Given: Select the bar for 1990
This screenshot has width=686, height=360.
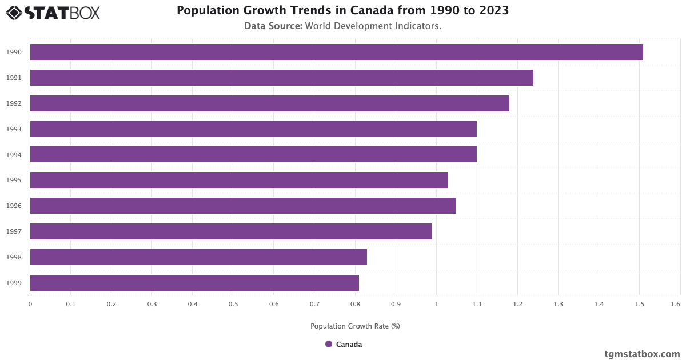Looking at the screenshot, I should tap(336, 52).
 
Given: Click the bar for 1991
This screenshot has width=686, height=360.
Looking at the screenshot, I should tap(281, 78).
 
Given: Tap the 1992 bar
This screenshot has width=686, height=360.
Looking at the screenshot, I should tap(269, 103).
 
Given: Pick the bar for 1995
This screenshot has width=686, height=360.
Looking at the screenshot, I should tap(239, 180).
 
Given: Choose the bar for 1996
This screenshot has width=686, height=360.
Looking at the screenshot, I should tap(243, 206).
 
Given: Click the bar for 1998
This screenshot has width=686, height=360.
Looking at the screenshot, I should tap(198, 257).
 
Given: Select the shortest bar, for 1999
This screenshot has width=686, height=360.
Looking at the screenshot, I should tap(194, 283).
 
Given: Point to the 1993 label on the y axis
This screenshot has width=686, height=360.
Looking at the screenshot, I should tap(14, 129).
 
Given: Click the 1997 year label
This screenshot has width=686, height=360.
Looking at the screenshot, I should tap(14, 231).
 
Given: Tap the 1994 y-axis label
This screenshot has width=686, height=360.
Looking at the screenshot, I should tap(14, 155).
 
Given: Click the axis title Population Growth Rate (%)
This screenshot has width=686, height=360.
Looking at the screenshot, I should tap(355, 326).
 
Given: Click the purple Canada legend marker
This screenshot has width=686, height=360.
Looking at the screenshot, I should tap(329, 344).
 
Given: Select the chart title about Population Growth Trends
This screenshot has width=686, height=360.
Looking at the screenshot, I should tap(343, 10).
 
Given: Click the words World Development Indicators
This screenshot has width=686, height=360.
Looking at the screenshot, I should tap(373, 26).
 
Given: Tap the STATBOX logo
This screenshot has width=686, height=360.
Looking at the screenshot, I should tap(53, 12).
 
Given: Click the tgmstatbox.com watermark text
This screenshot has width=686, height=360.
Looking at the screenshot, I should tap(642, 354).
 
